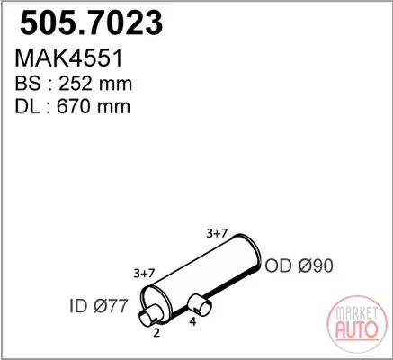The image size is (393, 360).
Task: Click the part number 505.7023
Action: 91,22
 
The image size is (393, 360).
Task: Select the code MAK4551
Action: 69,58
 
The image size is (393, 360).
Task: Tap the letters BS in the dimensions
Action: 28,84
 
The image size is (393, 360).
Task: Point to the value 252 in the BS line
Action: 75,84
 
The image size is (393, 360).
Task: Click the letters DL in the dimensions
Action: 27,106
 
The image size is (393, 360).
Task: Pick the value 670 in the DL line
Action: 73,106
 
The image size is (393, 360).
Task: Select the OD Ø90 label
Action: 299,265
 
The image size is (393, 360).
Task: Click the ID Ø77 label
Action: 99,306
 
